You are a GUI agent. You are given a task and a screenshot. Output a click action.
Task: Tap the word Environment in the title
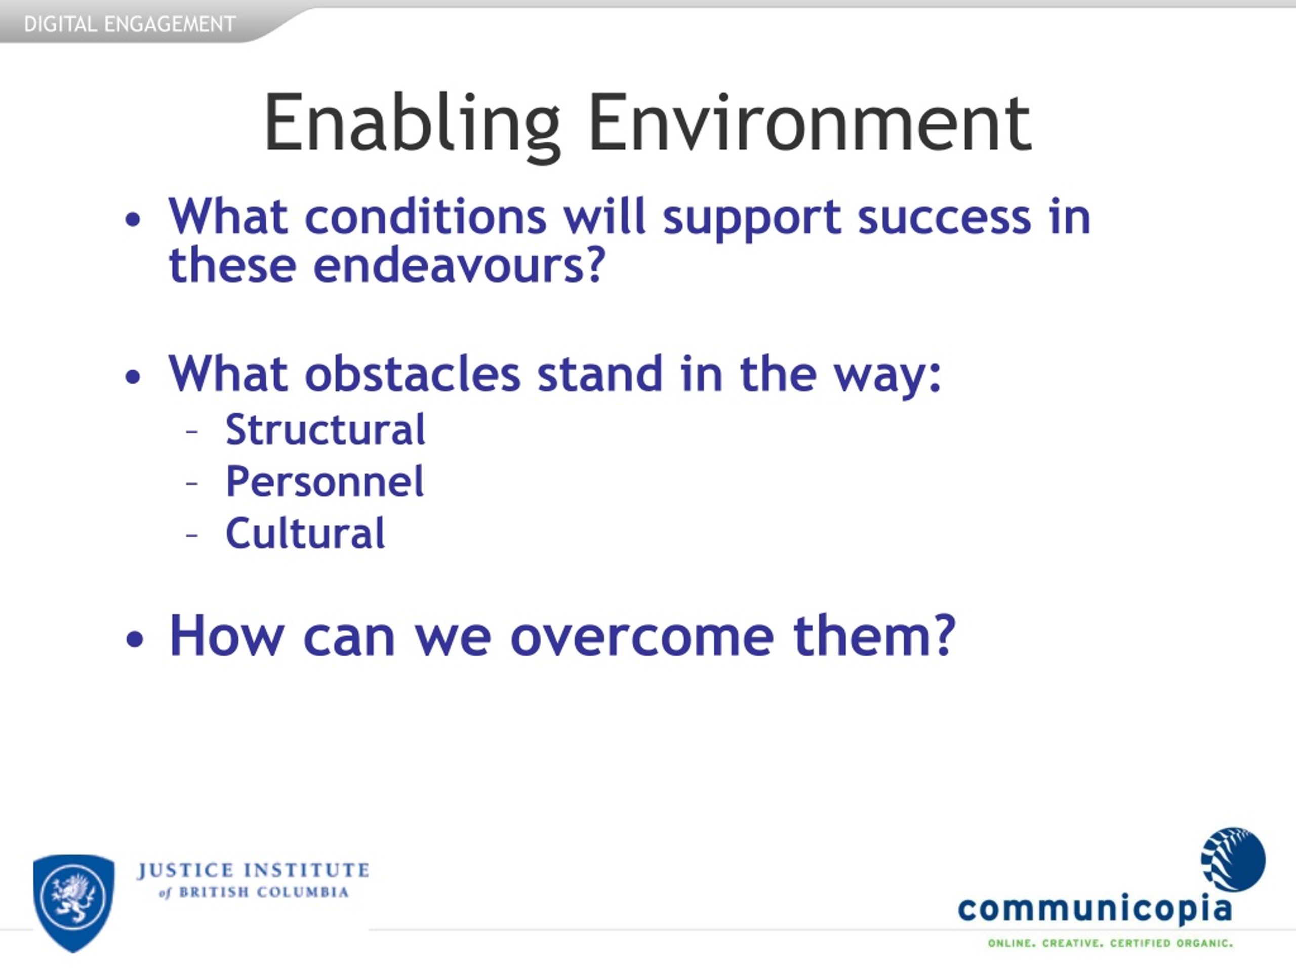(x=809, y=123)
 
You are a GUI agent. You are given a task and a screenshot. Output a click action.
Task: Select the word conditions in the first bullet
(x=425, y=217)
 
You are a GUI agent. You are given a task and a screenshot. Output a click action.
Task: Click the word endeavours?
(x=459, y=265)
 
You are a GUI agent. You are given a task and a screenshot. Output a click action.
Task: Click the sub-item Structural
(x=325, y=429)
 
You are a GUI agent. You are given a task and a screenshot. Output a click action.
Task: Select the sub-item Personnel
(x=325, y=481)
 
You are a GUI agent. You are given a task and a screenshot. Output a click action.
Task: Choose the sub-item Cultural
(x=305, y=534)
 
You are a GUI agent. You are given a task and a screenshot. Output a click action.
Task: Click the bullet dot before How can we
(x=134, y=639)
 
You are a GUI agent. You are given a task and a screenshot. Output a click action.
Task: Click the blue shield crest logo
(x=74, y=903)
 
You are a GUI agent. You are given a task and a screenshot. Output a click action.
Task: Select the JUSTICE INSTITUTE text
(x=253, y=871)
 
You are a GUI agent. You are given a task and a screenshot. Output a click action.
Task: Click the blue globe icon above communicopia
(x=1233, y=860)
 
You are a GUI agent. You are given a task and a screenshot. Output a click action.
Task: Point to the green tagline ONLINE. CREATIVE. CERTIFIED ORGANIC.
(x=1110, y=943)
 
